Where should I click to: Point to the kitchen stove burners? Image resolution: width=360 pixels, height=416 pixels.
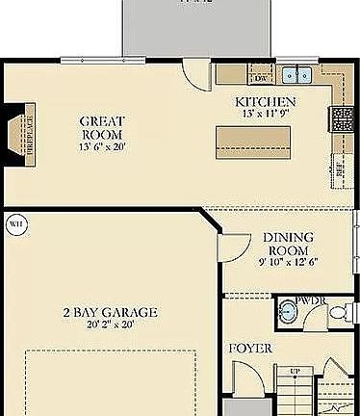pyautogui.click(x=342, y=118)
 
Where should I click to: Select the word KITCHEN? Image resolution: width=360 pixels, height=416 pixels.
pyautogui.click(x=265, y=101)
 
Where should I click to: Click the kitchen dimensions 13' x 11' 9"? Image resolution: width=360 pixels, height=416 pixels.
pyautogui.click(x=265, y=113)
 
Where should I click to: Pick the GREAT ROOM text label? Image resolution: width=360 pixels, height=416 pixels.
pyautogui.click(x=104, y=128)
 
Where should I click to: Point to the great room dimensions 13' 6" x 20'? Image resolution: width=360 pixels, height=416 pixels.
pyautogui.click(x=104, y=146)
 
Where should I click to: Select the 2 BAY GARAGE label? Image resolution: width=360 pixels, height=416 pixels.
pyautogui.click(x=111, y=313)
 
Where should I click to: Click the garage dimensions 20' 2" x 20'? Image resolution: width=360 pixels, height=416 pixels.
pyautogui.click(x=111, y=325)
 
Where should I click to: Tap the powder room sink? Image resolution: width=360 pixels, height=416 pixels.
pyautogui.click(x=289, y=314)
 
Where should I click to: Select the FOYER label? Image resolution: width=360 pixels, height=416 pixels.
pyautogui.click(x=249, y=347)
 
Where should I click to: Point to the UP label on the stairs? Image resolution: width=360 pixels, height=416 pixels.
pyautogui.click(x=296, y=371)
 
